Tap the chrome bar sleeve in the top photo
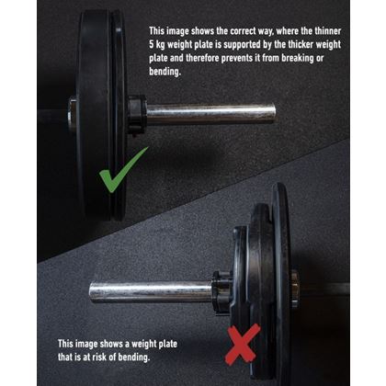(211, 113)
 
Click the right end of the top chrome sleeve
(272, 113)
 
